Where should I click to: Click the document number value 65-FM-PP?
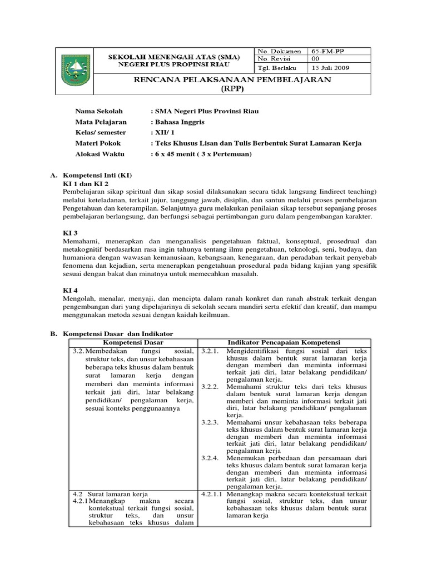click(x=327, y=51)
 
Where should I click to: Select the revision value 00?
click(x=315, y=58)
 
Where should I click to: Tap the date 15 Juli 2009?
click(x=330, y=68)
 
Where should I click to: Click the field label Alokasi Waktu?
click(x=100, y=153)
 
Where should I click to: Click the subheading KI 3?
click(x=71, y=233)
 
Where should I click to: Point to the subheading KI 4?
click(x=71, y=291)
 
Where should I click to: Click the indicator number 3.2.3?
click(x=211, y=422)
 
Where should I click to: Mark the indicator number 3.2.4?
click(x=211, y=457)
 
